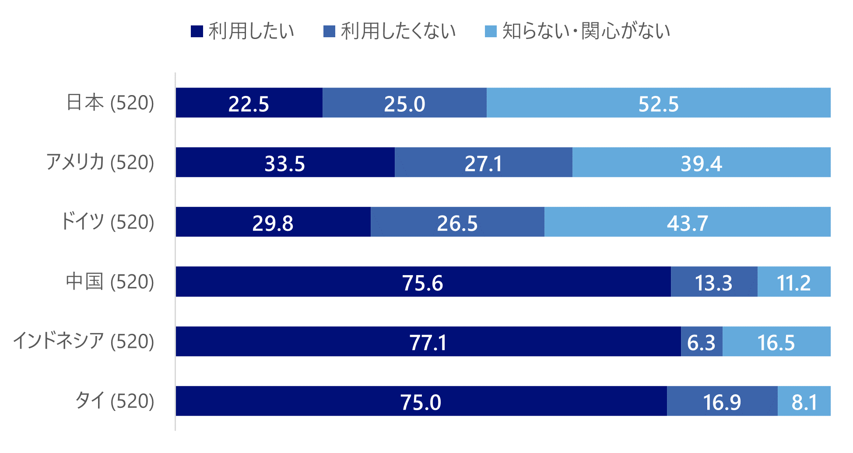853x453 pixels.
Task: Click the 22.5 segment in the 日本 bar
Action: pos(249,103)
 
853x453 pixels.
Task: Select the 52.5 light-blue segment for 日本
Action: pos(658,103)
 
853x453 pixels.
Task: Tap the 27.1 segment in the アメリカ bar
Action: pos(483,163)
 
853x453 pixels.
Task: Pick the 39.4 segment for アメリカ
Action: pos(701,163)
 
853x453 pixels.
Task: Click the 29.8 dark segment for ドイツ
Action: pos(273,222)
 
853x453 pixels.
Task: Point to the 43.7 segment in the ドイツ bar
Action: pos(687,222)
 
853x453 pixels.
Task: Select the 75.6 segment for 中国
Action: pos(423,282)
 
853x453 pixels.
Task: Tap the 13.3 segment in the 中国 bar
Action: pos(714,282)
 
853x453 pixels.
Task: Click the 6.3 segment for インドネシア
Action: pos(702,341)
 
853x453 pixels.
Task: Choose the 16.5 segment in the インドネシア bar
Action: pos(776,341)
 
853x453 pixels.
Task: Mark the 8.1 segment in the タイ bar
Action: pos(804,401)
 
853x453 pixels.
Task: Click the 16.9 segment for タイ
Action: pos(722,401)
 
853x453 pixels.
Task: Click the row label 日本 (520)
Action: pos(110,103)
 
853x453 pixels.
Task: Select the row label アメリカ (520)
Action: pos(100,163)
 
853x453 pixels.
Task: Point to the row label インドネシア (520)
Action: pos(84,341)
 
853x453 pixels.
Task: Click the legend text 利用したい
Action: pos(251,31)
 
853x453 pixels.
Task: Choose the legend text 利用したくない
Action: pos(398,31)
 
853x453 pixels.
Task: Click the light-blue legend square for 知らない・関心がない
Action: pos(491,32)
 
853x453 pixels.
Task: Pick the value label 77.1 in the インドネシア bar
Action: pos(428,342)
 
